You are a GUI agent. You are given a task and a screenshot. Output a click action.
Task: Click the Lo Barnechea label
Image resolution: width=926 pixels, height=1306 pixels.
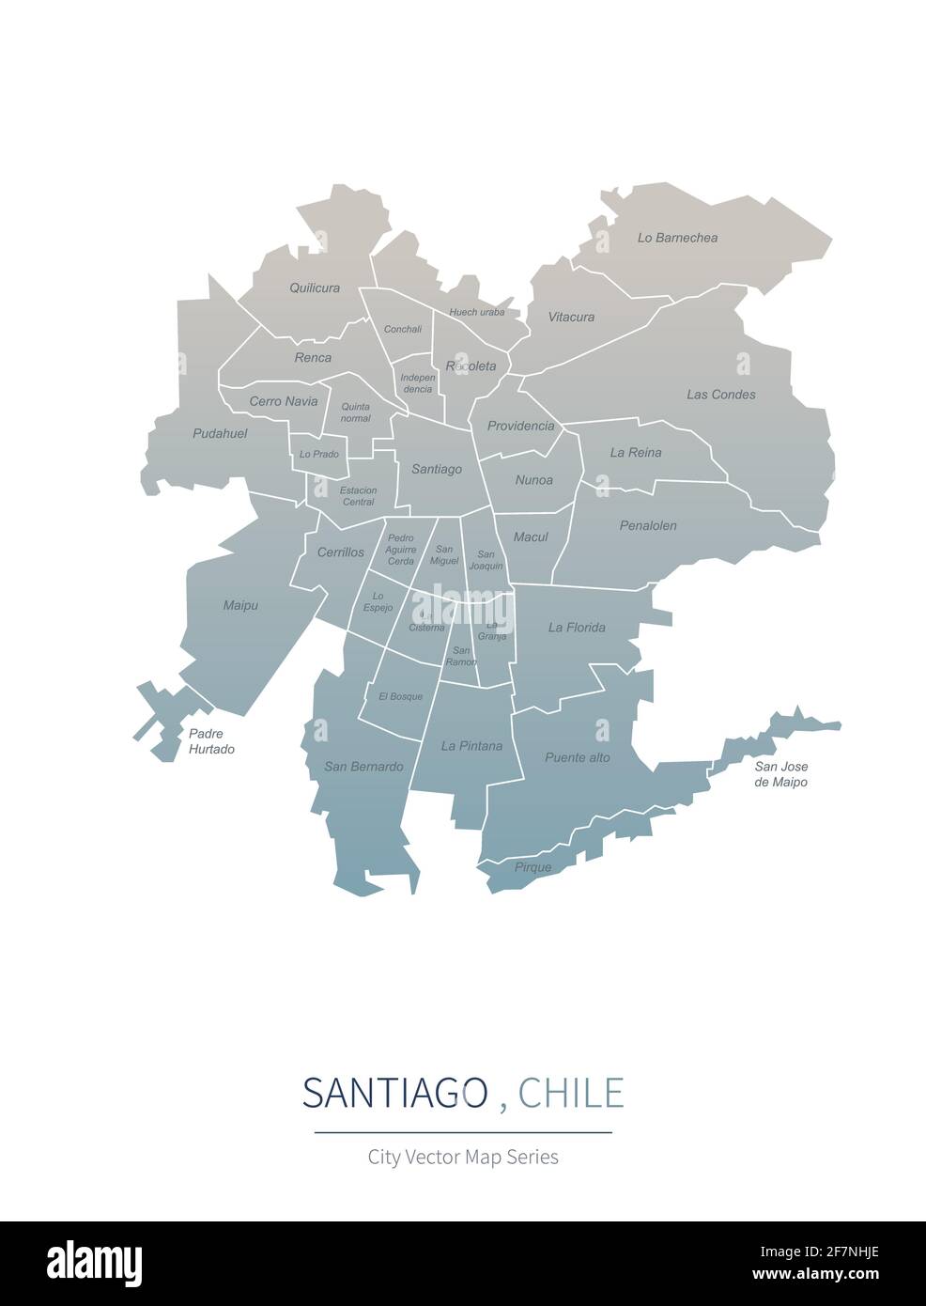pyautogui.click(x=677, y=238)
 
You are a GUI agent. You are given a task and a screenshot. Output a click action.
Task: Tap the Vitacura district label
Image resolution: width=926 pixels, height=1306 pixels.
pyautogui.click(x=571, y=318)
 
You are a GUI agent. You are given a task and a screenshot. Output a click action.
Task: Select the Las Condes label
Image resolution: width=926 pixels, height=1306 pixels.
pyautogui.click(x=720, y=395)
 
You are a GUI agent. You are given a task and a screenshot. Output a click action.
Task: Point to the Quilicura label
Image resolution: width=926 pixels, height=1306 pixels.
pyautogui.click(x=315, y=288)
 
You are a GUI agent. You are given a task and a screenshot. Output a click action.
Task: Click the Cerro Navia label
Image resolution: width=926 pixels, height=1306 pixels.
pyautogui.click(x=283, y=401)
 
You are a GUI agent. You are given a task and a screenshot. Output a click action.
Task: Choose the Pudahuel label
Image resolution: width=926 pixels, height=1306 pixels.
pyautogui.click(x=220, y=434)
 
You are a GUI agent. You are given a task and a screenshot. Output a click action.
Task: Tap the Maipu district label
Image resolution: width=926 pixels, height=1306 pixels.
pyautogui.click(x=240, y=606)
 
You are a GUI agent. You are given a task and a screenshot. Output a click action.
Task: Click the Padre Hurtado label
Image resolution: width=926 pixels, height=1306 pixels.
pyautogui.click(x=211, y=741)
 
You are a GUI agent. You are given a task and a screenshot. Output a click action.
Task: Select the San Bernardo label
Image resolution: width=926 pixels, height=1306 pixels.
pyautogui.click(x=363, y=767)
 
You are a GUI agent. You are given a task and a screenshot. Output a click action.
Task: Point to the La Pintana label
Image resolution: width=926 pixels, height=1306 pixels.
pyautogui.click(x=471, y=746)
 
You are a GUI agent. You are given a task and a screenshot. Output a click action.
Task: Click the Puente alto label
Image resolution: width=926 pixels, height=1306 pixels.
pyautogui.click(x=578, y=757)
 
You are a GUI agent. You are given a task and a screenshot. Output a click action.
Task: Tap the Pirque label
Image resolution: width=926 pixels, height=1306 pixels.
pyautogui.click(x=532, y=867)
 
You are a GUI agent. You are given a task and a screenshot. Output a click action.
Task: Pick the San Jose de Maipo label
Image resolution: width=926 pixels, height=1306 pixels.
pyautogui.click(x=781, y=773)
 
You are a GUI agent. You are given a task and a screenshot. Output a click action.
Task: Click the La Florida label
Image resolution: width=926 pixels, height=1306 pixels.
pyautogui.click(x=577, y=628)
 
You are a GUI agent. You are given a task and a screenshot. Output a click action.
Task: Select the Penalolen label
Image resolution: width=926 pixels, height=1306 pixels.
pyautogui.click(x=648, y=526)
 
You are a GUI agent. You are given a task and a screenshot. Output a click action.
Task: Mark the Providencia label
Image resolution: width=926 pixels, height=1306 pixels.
pyautogui.click(x=520, y=426)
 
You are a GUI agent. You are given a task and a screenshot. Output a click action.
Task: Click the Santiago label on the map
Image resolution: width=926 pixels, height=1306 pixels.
pyautogui.click(x=437, y=469)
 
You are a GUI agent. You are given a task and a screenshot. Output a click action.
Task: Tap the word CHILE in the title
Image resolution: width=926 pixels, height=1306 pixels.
pyautogui.click(x=571, y=1093)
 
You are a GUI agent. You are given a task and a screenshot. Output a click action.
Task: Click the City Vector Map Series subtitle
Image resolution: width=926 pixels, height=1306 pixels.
pyautogui.click(x=463, y=1157)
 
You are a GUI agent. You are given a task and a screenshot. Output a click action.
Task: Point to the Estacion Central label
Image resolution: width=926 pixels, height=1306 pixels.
pyautogui.click(x=358, y=496)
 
